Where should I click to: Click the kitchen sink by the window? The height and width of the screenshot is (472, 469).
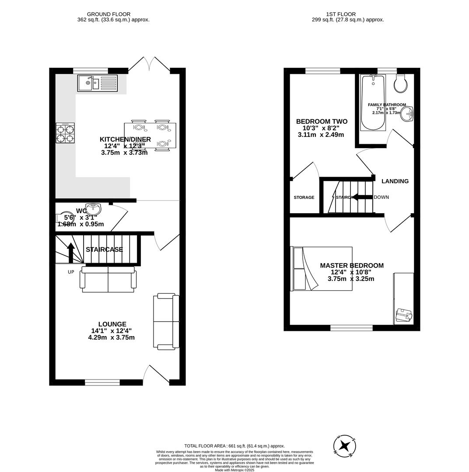[x=97, y=83]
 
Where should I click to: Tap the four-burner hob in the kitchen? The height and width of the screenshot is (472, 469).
[x=65, y=133]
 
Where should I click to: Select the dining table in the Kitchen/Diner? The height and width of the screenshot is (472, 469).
[x=150, y=135]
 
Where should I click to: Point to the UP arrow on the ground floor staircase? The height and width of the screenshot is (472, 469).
[x=70, y=252]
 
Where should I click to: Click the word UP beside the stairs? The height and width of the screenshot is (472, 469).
[x=71, y=272]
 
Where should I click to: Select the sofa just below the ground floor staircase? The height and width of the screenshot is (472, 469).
[x=108, y=279]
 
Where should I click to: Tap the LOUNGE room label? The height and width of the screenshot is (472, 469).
[x=112, y=324]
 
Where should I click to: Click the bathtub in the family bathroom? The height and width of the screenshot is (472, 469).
[x=373, y=103]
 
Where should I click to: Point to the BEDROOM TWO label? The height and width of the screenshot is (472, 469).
[x=322, y=121]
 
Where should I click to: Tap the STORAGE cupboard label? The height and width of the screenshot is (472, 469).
[x=304, y=198]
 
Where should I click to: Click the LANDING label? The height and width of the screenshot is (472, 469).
[x=395, y=181]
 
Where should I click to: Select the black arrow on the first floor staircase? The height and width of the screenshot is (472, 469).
[x=362, y=197]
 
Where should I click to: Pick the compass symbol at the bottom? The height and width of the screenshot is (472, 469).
[x=345, y=446]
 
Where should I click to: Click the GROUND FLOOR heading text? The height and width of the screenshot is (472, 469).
[x=108, y=14]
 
